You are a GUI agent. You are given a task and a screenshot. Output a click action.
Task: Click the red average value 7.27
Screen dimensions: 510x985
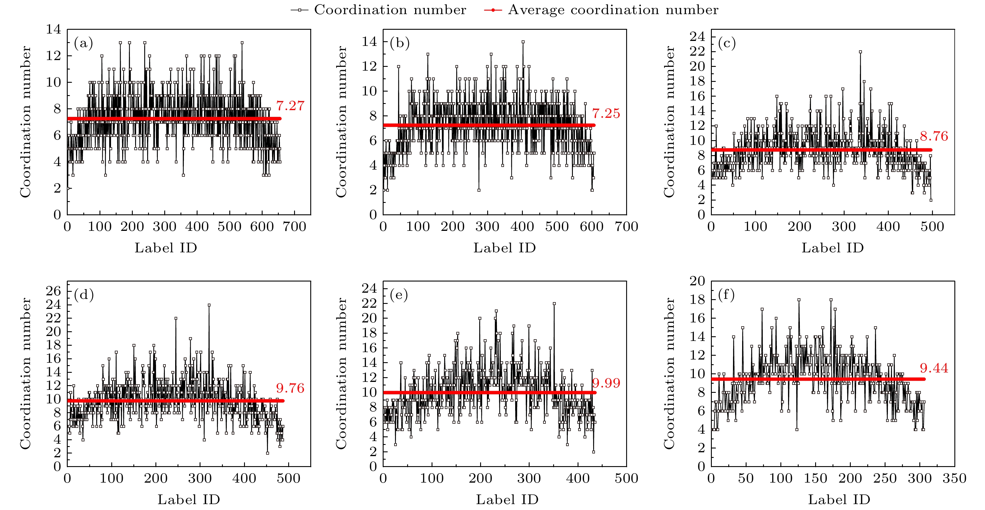[290, 106]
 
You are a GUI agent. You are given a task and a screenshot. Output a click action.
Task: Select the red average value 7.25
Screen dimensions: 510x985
[606, 114]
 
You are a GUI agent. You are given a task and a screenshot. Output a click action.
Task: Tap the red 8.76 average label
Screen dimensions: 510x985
[934, 136]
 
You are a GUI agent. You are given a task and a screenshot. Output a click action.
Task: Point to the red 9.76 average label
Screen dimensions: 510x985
[290, 388]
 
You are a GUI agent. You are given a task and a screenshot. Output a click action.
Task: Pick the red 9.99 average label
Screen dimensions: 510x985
[606, 383]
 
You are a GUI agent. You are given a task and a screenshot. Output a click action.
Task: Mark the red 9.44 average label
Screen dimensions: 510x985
[934, 368]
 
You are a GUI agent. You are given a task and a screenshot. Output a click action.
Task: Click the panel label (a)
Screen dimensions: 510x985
[83, 43]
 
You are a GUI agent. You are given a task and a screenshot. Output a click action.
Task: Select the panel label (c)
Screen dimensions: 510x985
[727, 43]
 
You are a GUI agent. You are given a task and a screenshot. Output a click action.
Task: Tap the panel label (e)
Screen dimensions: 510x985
[399, 295]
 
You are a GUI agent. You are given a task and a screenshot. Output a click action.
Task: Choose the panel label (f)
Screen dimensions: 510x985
[727, 295]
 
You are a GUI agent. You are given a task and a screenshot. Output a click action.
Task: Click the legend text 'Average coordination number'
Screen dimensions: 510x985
[613, 10]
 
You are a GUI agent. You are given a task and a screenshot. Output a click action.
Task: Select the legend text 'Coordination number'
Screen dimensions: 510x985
[390, 10]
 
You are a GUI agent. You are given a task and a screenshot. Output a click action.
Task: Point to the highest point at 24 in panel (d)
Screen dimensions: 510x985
[209, 305]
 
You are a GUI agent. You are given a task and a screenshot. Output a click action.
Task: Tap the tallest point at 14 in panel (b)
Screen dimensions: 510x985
[523, 42]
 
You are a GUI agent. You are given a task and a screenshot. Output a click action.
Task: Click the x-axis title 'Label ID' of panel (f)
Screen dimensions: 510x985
[839, 500]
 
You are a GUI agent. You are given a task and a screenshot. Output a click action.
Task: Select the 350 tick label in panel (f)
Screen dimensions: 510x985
[954, 478]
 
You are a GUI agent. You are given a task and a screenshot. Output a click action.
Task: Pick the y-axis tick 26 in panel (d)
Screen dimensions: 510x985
[54, 291]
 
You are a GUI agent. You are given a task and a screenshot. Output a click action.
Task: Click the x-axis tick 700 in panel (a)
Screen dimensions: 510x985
[294, 226]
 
